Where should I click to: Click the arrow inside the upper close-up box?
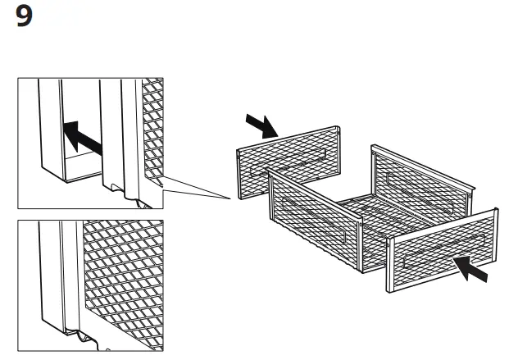[83, 137]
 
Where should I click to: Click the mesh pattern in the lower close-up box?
[123, 279]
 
